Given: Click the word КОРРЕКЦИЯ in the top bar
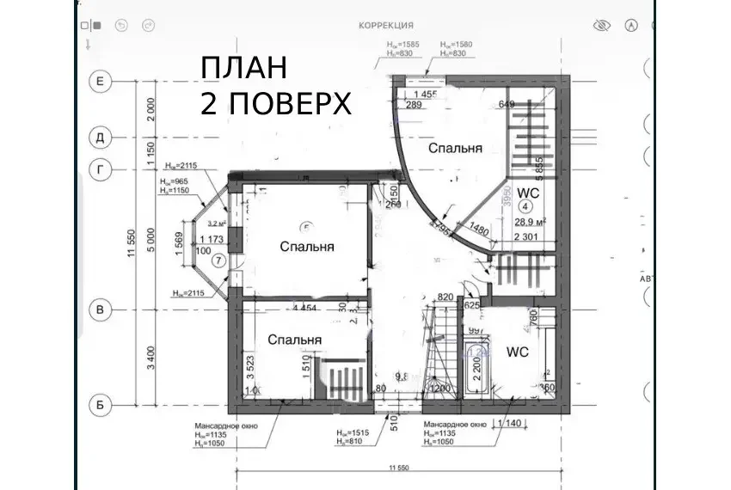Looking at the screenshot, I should coord(386,26).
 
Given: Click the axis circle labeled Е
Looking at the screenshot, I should coord(101,82).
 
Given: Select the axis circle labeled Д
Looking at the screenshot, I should coord(101,137).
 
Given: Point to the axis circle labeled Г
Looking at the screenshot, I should coord(101,170).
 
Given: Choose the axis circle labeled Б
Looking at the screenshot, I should coord(101,401).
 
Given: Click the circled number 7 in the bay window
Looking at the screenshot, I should coord(218,260).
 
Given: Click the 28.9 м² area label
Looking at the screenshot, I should coord(528,222).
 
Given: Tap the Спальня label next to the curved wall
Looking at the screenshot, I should coord(455,148).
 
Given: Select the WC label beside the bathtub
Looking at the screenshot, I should coord(518,352).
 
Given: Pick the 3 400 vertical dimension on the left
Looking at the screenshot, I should coord(151,354).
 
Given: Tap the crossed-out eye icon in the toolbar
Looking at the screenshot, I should coord(602,26).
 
